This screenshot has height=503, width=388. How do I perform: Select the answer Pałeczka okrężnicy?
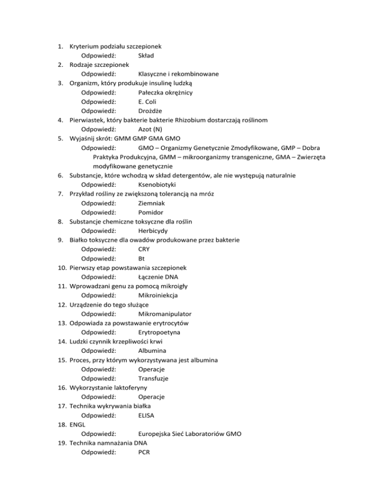point(165,93)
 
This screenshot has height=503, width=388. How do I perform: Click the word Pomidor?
point(153,213)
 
